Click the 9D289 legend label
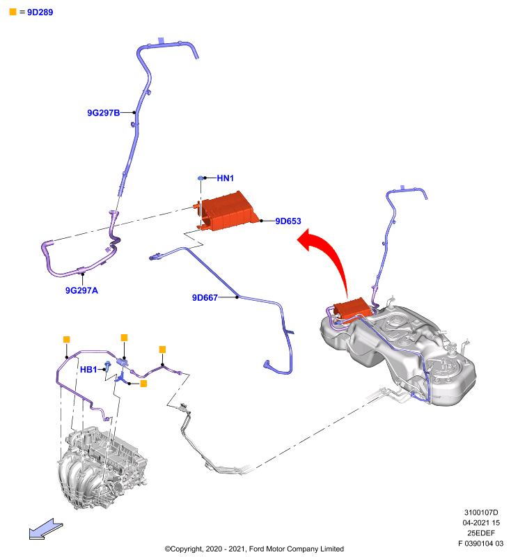(40, 12)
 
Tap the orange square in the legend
(13, 12)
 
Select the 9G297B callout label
(103, 113)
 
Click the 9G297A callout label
(81, 290)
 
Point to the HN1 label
(225, 178)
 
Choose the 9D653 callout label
(288, 221)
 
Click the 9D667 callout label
(205, 297)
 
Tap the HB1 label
(88, 370)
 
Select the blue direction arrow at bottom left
(46, 529)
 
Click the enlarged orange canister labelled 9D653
(227, 212)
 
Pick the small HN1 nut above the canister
(201, 178)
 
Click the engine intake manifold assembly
(102, 467)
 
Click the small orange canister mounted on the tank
(352, 308)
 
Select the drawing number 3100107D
(481, 512)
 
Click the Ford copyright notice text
(254, 549)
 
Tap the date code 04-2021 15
(481, 523)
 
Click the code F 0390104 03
(481, 543)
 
